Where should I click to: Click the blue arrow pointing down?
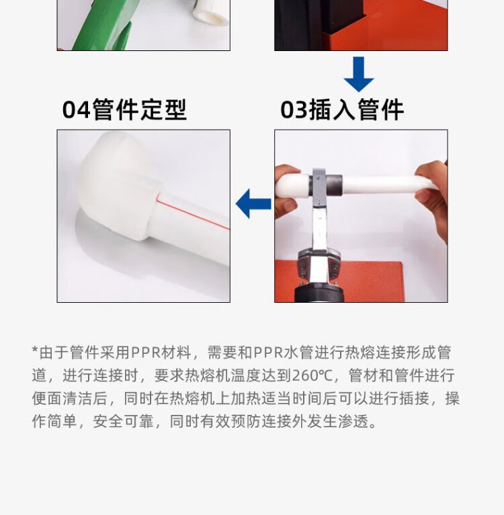pos(359,75)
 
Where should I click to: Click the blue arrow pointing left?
pos(253,203)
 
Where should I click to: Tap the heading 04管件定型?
pos(124,109)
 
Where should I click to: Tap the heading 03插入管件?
pos(342,109)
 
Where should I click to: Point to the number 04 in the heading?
pos(76,109)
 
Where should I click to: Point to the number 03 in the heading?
pos(294,109)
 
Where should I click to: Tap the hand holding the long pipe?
pos(432,197)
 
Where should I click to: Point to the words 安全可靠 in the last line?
pos(123,422)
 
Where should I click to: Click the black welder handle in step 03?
pos(320,294)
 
